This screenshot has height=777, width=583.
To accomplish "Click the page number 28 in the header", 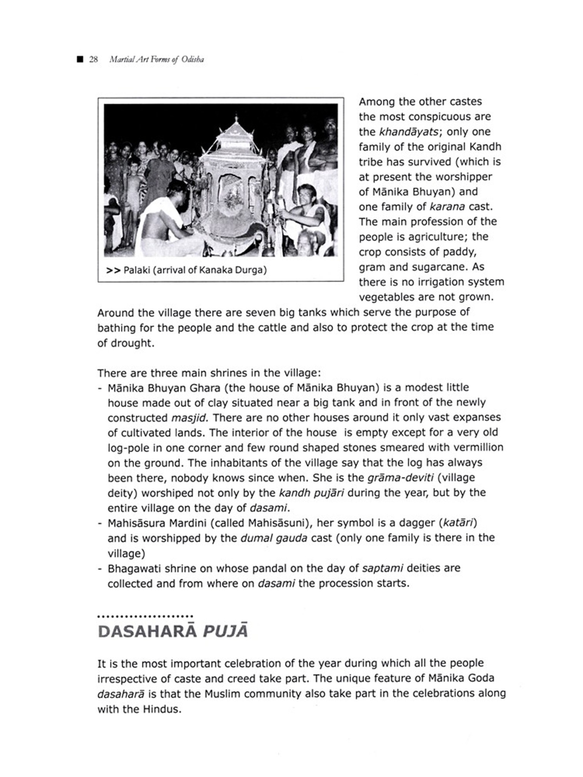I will [93, 59].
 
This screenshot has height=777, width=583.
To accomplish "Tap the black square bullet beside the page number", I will [80, 59].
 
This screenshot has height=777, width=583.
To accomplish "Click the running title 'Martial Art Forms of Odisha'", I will [157, 59].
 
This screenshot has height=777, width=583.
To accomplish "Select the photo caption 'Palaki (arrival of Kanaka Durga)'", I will [195, 270].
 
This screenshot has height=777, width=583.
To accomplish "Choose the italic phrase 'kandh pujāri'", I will [311, 493].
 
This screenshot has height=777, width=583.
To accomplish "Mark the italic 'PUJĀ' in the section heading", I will [225, 631].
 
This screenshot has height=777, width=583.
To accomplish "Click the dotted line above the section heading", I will [145, 616].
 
